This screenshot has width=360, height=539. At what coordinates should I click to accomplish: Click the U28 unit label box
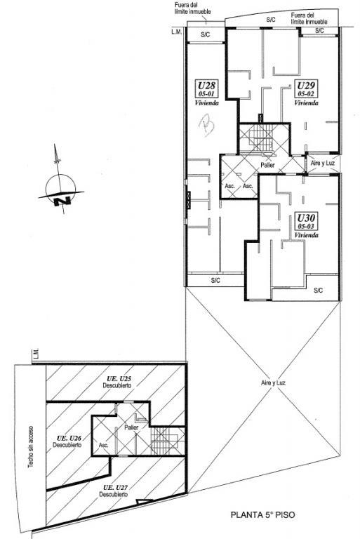[206, 88]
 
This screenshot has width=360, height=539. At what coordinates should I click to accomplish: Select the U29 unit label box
[306, 88]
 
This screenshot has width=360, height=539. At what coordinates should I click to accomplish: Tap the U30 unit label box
[306, 221]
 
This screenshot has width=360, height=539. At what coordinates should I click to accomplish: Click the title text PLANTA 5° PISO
[262, 515]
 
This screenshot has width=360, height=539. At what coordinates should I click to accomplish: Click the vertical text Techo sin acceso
[31, 447]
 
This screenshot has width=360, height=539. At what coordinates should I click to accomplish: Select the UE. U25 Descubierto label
[117, 382]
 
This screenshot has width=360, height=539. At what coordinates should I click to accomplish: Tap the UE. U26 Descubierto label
[67, 441]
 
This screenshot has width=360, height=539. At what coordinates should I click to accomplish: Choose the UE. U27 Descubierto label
[114, 491]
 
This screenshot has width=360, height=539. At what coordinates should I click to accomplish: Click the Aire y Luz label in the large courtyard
[274, 383]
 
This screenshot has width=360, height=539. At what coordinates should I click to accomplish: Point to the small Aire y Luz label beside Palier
[323, 164]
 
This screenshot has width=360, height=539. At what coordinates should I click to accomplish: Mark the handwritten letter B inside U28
[207, 126]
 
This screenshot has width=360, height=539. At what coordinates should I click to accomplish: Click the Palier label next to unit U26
[131, 427]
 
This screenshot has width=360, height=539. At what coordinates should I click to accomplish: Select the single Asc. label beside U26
[103, 445]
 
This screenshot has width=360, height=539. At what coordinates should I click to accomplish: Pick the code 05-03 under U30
[306, 226]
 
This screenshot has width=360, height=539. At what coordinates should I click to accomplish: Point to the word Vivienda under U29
[306, 102]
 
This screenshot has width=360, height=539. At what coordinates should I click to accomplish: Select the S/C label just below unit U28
[215, 281]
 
